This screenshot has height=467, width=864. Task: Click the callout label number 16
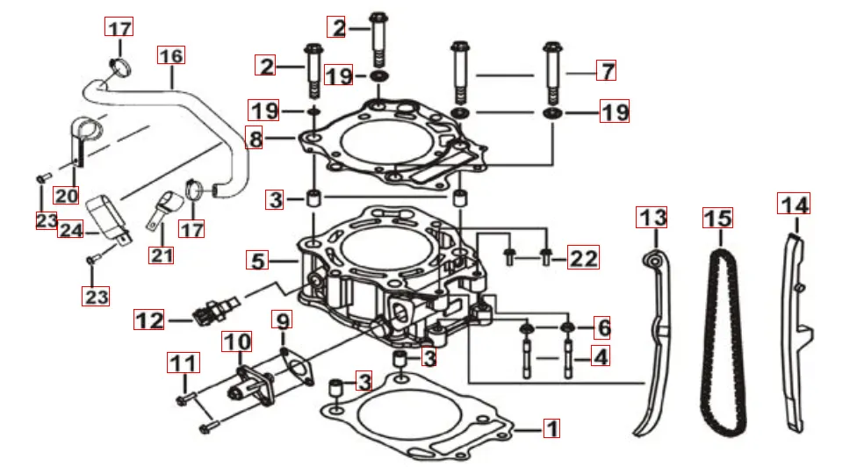(171, 56)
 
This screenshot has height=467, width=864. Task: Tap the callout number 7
(606, 70)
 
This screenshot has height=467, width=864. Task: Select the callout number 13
(652, 217)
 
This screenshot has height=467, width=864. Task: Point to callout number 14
(795, 205)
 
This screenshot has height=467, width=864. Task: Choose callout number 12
(149, 320)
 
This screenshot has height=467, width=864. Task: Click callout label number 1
(551, 429)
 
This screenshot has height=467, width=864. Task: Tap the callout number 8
(254, 139)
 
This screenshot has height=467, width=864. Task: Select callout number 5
(256, 261)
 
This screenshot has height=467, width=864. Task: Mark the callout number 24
(69, 231)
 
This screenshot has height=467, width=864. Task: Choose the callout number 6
(601, 328)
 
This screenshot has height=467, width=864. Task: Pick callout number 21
(162, 255)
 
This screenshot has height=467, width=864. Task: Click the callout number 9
(282, 320)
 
